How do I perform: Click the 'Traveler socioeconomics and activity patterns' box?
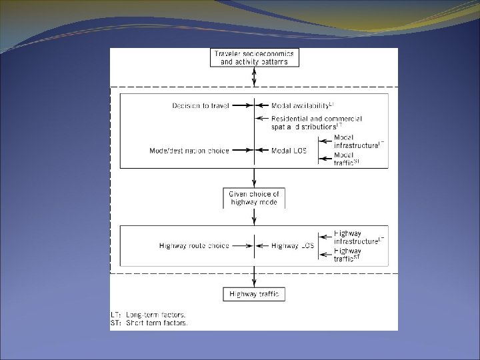[x=254, y=57]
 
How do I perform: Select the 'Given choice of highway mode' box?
[x=254, y=198]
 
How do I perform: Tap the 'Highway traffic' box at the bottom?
[x=254, y=294]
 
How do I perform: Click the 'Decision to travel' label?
[x=200, y=106]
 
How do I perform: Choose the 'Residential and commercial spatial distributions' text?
[x=307, y=121]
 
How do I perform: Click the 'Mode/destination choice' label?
[x=189, y=151]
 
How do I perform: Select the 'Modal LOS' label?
[x=289, y=151]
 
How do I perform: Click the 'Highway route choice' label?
[x=194, y=246]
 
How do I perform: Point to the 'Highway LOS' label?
[x=293, y=246]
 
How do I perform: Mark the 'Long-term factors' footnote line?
[x=149, y=314]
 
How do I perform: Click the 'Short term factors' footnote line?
[x=149, y=323]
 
